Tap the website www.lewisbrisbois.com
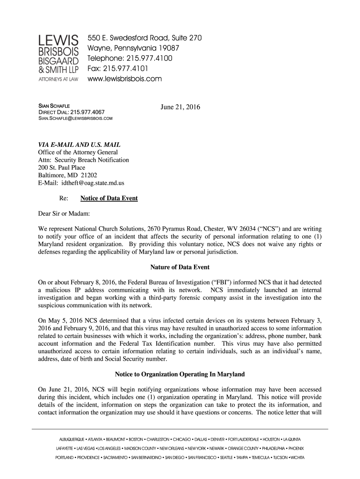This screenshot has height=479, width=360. [x=125, y=79]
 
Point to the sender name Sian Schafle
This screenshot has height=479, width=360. [x=54, y=107]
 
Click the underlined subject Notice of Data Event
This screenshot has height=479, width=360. [x=109, y=198]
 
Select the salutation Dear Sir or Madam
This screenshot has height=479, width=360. [x=63, y=214]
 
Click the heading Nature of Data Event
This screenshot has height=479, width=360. [x=180, y=268]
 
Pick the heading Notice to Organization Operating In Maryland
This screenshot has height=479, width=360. [x=180, y=375]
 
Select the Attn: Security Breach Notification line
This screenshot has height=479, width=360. [x=83, y=160]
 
